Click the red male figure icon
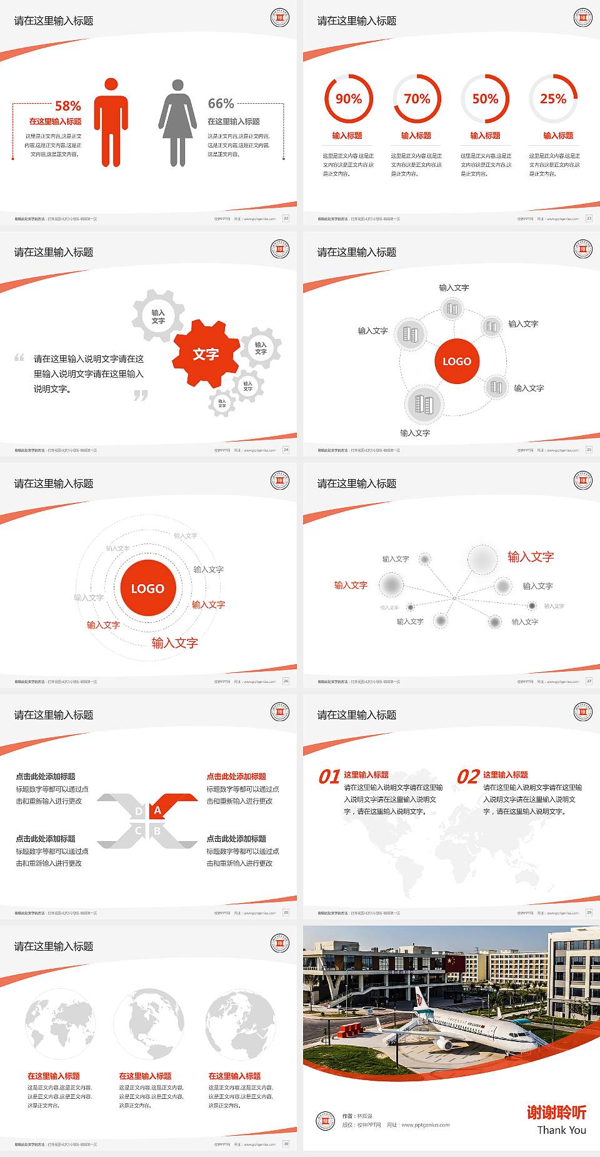pos(111,123)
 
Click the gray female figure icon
pos(177,123)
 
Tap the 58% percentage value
pos(68,106)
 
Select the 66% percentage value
pos(221,103)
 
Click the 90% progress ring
pos(348,99)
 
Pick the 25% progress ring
pos(553,99)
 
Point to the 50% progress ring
pos(485,99)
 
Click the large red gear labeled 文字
pos(206,354)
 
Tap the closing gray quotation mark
pos(141,395)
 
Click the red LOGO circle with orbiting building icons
pos(457,361)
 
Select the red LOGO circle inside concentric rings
pos(147,588)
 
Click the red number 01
pos(329,777)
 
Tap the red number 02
pos(468,777)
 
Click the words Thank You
pos(561,1130)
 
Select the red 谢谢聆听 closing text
pos(556,1113)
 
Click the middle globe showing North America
pos(149,1024)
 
